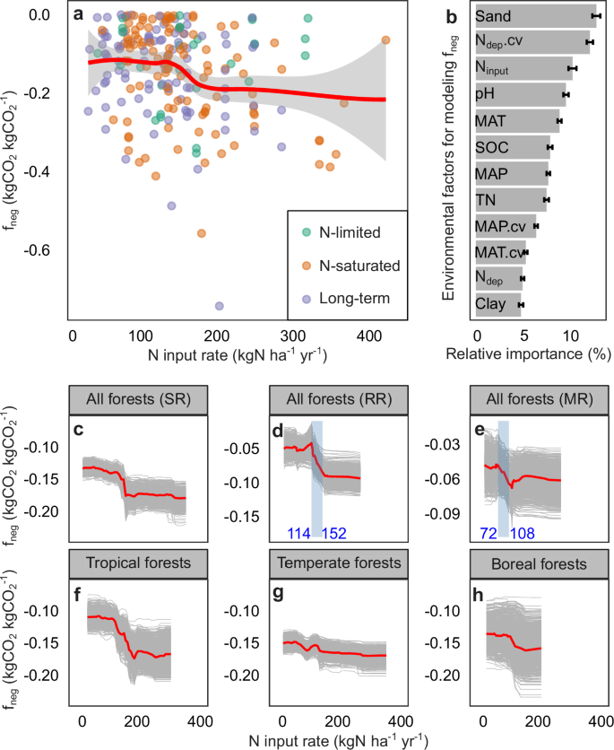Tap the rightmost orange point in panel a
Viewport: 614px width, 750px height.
(385, 39)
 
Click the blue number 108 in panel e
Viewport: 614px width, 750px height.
(522, 534)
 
